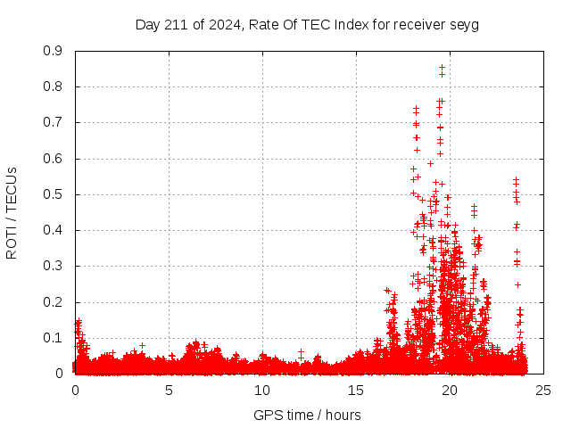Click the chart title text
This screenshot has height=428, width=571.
[307, 25]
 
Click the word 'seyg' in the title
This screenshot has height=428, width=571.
[464, 25]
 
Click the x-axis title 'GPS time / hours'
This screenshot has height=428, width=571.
[307, 415]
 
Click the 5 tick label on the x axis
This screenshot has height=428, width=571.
[169, 391]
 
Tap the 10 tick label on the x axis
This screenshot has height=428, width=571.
[262, 391]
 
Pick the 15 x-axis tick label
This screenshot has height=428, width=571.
[356, 391]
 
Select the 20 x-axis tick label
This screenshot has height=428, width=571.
[450, 391]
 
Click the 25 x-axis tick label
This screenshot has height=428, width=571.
[543, 391]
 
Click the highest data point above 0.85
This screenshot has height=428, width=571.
[442, 67]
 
